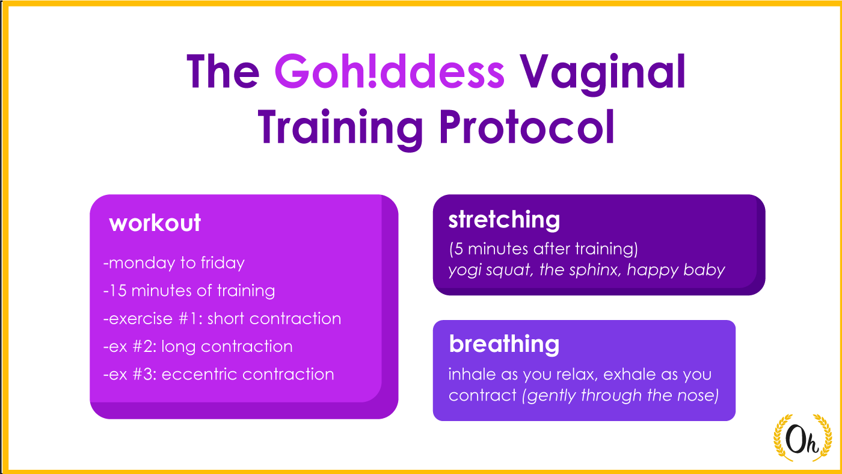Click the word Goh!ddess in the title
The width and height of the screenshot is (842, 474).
point(390,72)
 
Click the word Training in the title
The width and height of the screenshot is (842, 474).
point(340,130)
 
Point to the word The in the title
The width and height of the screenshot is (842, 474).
point(223,72)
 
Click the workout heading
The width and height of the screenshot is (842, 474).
point(155,223)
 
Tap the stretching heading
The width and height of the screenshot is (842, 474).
point(504,220)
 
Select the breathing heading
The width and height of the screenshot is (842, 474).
point(504,344)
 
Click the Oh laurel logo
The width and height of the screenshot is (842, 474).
point(802,437)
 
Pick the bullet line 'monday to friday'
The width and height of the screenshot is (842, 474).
point(174,263)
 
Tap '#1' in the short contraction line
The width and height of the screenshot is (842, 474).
point(190,318)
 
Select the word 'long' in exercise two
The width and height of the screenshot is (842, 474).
point(179,347)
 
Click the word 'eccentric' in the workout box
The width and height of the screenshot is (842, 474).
point(199,374)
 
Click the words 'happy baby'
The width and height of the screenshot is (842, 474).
point(676,270)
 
